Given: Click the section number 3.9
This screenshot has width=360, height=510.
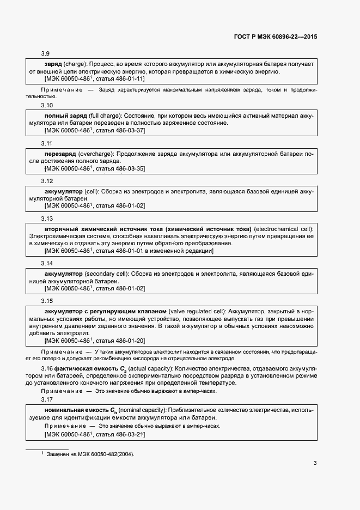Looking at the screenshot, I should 46,53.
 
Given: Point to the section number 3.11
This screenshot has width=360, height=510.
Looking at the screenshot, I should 47,143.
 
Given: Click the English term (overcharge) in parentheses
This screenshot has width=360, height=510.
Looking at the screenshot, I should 96,154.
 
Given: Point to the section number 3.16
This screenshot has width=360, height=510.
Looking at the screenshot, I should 46,369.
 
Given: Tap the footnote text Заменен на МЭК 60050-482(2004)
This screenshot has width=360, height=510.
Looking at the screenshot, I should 90,454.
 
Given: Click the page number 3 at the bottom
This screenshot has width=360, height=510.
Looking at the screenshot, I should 315,464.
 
